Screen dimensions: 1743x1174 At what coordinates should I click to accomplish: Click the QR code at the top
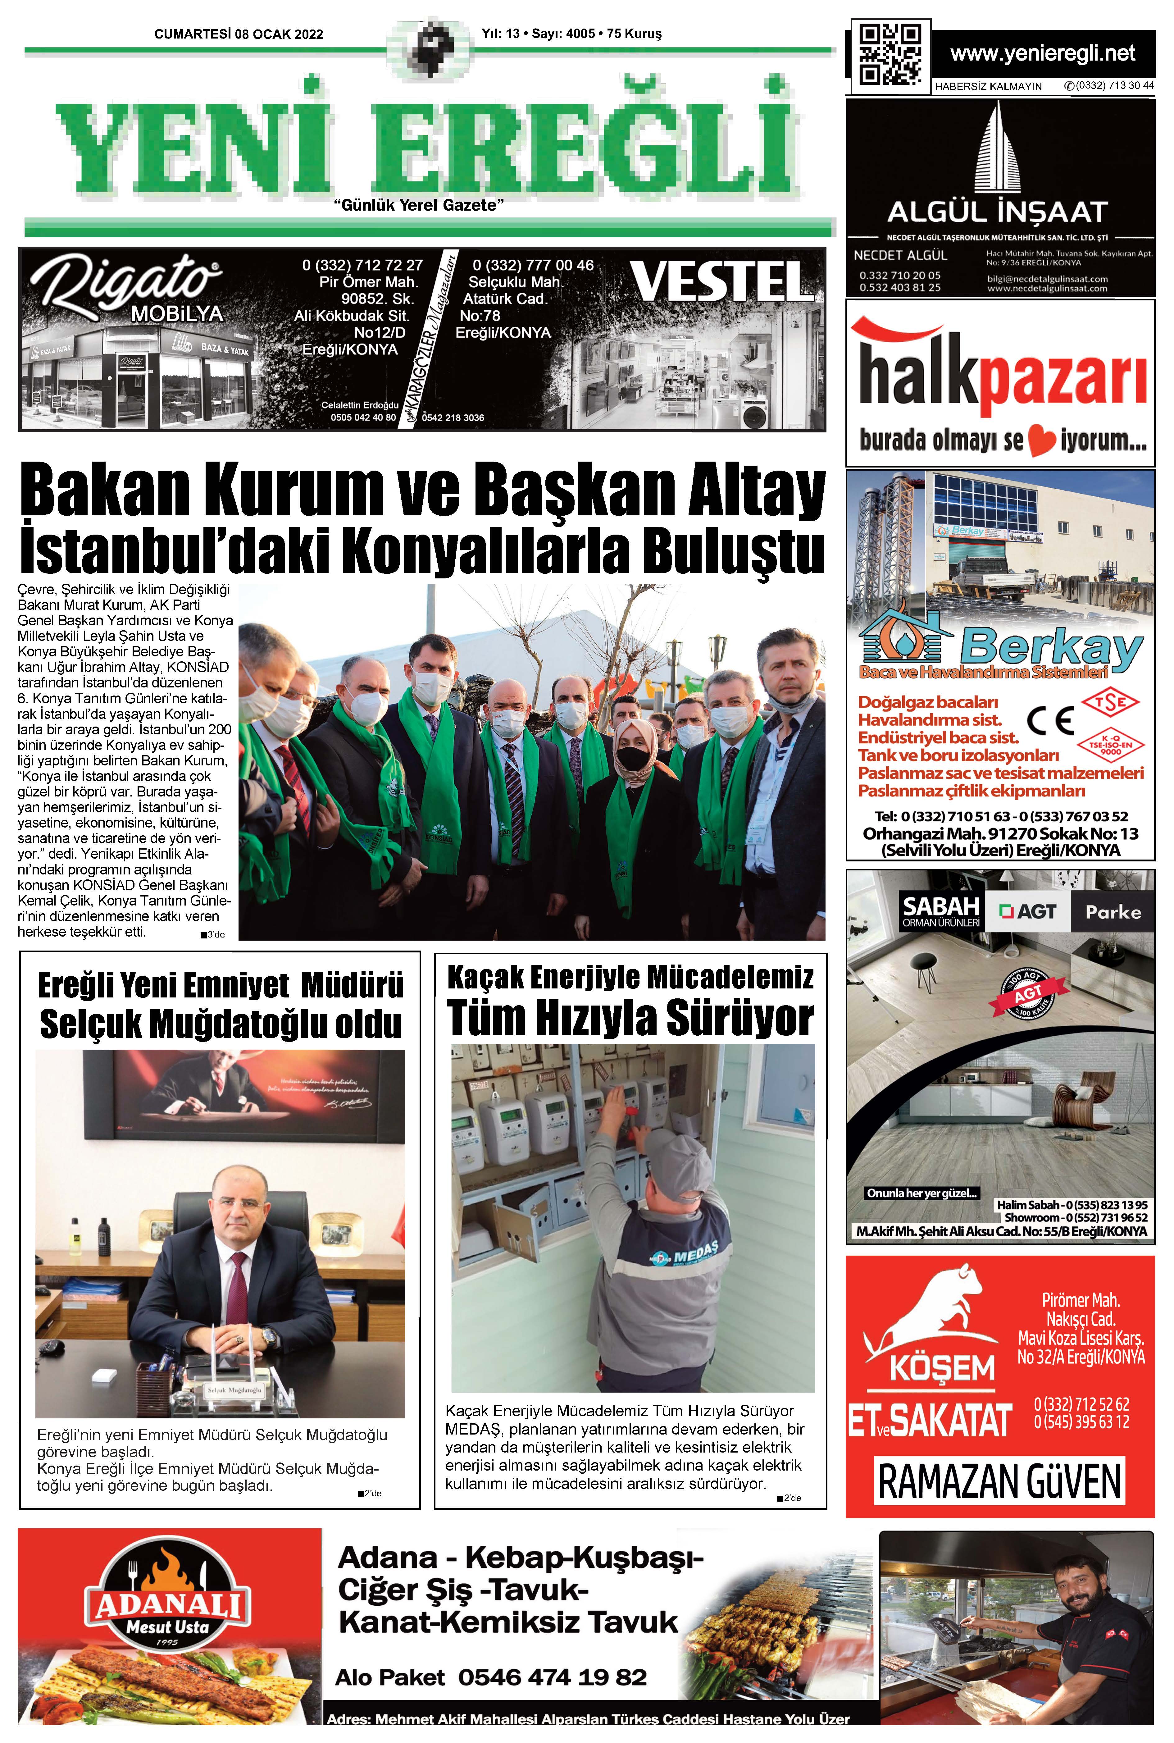[890, 55]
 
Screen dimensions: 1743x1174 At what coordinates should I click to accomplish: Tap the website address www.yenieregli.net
[1042, 53]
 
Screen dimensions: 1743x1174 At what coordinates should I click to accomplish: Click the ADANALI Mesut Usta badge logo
[168, 1606]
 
